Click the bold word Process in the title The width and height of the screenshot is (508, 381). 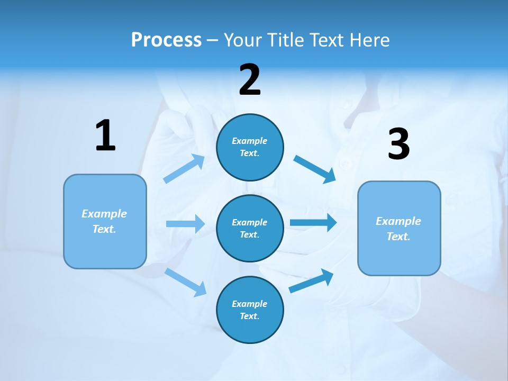tap(166, 40)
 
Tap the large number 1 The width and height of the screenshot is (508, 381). tap(105, 136)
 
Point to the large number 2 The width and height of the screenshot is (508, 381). tap(250, 80)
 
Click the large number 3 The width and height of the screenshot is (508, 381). tap(398, 144)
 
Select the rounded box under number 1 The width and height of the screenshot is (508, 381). tap(105, 221)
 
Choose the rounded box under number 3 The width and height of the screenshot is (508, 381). tap(399, 228)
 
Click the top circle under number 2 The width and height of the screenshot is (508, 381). tap(250, 147)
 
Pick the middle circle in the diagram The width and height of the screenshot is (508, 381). tap(250, 228)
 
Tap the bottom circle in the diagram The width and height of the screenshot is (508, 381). tap(250, 310)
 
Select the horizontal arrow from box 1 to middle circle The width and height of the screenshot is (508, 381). tap(185, 224)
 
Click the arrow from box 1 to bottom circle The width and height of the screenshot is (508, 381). tap(186, 282)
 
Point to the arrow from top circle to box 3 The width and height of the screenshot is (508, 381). tap(315, 169)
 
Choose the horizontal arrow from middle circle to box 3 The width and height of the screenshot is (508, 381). tap(313, 222)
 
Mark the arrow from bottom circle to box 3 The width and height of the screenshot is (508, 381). tap(312, 280)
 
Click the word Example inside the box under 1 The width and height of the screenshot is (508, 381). tap(104, 214)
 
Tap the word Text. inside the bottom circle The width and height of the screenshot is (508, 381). tap(250, 316)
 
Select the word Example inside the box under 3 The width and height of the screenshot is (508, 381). tap(398, 221)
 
